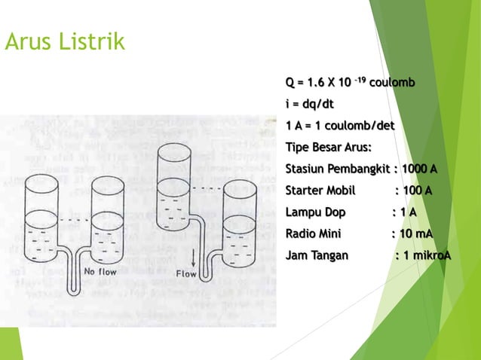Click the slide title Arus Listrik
pos(64,44)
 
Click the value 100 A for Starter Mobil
pos(418,190)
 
